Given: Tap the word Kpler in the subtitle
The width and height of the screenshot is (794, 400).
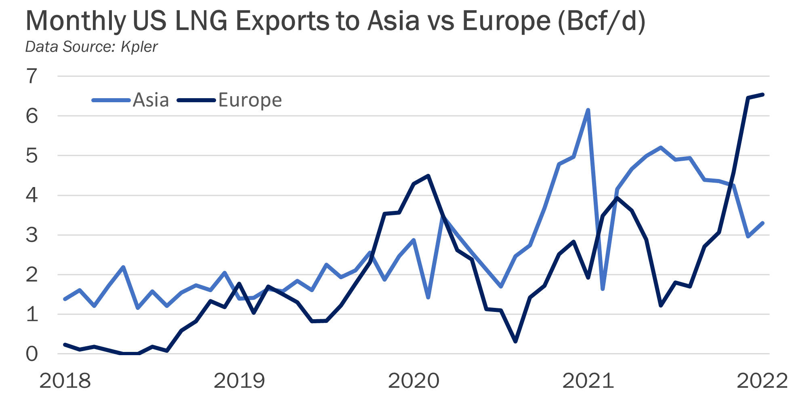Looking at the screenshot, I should [139, 47].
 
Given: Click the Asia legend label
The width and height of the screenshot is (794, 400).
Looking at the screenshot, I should [151, 100].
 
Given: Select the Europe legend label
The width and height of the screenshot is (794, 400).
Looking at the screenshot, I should [250, 100].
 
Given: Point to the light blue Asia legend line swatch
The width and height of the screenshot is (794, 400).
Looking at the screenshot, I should [111, 100].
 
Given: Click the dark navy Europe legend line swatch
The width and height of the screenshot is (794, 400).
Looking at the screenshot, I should [197, 100].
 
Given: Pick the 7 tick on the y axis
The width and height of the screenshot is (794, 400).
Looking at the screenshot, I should [32, 76].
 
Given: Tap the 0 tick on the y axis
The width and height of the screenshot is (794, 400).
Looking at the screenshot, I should [32, 354].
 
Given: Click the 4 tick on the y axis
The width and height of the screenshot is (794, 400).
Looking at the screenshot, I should [32, 196].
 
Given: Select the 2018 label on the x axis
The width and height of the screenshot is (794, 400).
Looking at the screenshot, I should [65, 381].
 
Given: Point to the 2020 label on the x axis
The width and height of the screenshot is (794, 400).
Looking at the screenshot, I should [414, 381].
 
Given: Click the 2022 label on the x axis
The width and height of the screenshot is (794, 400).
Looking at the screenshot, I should [762, 381].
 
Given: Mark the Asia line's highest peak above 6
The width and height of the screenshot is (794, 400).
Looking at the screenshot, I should [588, 110].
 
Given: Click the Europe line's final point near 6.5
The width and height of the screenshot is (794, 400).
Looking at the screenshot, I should [762, 95].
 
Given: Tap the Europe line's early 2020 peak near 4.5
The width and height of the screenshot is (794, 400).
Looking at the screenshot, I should [428, 176].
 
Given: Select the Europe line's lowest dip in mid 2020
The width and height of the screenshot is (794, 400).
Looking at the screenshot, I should [515, 342].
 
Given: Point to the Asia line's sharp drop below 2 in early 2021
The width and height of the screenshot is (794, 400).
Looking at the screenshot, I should [603, 289].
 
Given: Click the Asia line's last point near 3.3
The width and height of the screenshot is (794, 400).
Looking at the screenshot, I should [762, 223].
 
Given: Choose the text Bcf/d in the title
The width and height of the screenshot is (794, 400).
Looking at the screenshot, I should [602, 21].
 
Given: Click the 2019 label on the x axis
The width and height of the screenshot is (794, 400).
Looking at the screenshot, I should [239, 381].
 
